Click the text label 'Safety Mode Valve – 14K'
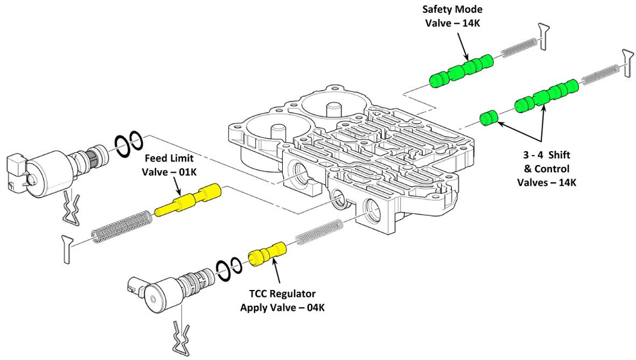point(453,16)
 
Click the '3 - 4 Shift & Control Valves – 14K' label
point(547,168)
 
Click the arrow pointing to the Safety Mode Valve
point(464,46)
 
